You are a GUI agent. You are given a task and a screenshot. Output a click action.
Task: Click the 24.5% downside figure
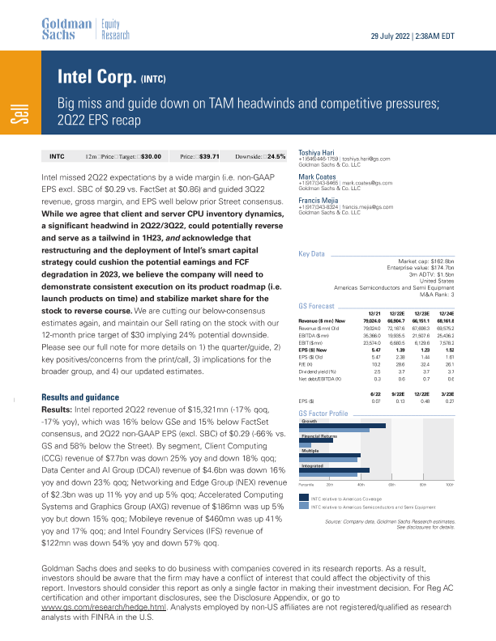[276, 155]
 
